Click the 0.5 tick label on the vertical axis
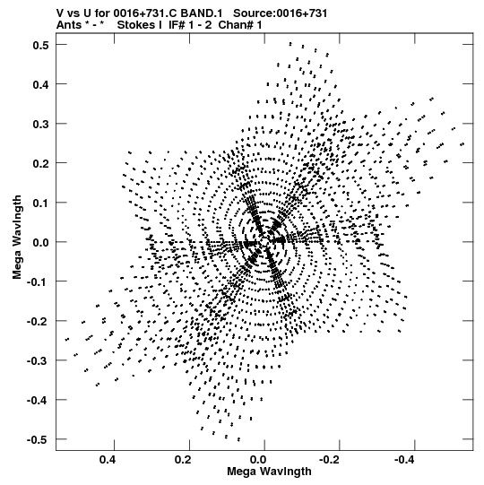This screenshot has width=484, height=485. click(41, 45)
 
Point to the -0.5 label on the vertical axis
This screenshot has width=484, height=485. click(38, 439)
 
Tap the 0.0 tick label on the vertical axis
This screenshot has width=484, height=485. click(41, 242)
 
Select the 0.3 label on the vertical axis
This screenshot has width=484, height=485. click(41, 124)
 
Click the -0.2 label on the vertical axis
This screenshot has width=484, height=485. click(38, 321)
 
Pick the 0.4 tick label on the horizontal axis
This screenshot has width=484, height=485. click(108, 460)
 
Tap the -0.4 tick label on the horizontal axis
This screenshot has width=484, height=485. click(405, 460)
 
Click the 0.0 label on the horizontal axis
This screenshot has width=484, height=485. click(258, 460)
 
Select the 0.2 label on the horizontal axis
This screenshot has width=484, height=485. click(183, 460)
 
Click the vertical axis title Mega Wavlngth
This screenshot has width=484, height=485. click(17, 238)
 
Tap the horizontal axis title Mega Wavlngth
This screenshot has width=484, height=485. click(269, 472)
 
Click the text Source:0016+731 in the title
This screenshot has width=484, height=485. click(280, 13)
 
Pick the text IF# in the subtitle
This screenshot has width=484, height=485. click(177, 25)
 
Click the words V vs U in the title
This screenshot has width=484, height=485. click(74, 13)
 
